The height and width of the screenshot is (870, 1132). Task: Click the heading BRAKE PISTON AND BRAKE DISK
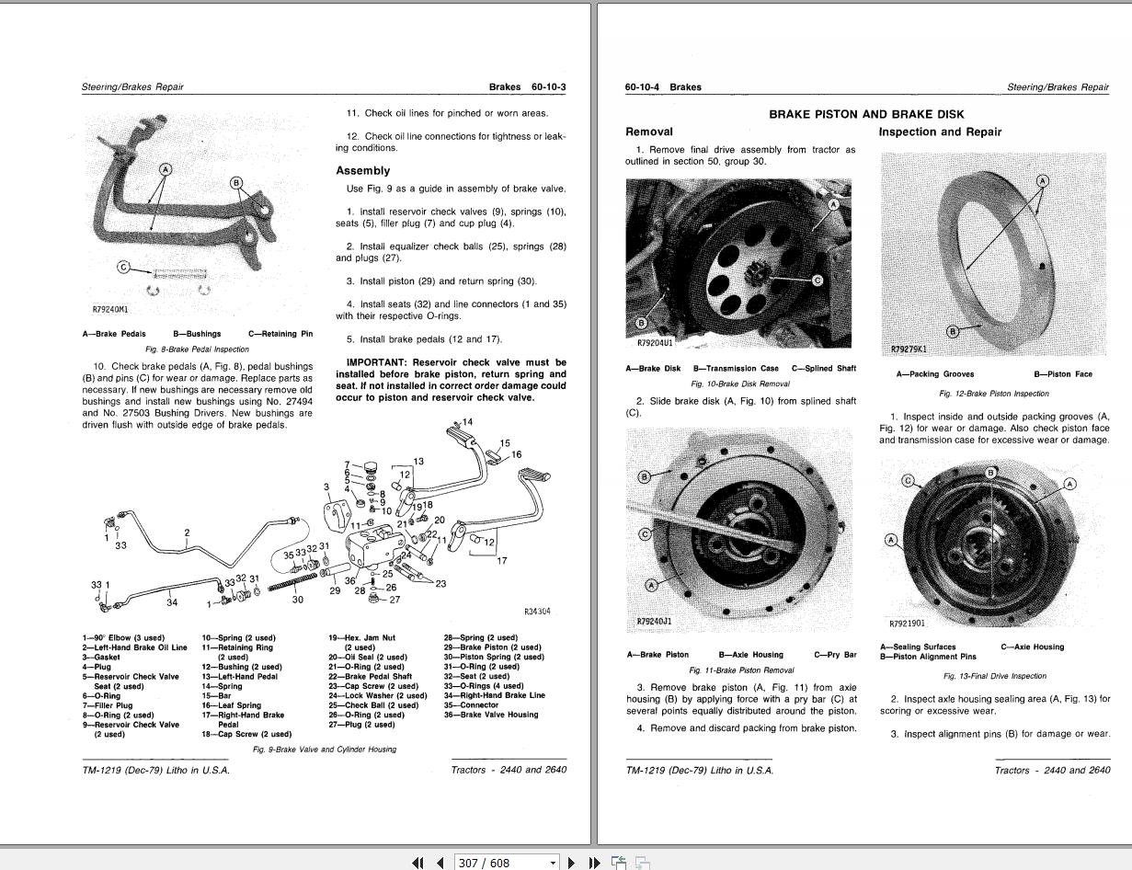pyautogui.click(x=866, y=114)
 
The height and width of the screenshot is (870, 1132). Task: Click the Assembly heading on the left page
pyautogui.click(x=362, y=171)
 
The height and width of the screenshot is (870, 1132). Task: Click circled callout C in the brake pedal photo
pyautogui.click(x=123, y=268)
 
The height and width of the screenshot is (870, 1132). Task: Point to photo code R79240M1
pyautogui.click(x=110, y=311)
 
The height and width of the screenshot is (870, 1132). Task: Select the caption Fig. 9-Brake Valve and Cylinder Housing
pyautogui.click(x=325, y=750)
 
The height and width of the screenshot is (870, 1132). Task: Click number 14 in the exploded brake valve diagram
pyautogui.click(x=468, y=422)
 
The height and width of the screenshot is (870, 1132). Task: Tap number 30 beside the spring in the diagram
pyautogui.click(x=297, y=600)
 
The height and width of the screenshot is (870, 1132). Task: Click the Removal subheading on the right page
pyautogui.click(x=648, y=132)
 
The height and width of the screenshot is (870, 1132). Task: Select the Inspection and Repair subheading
pyautogui.click(x=940, y=132)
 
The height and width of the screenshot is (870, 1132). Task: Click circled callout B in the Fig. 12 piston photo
pyautogui.click(x=953, y=331)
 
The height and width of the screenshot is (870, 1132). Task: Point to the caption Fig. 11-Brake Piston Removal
pyautogui.click(x=741, y=670)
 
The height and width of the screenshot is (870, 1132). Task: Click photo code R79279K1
pyautogui.click(x=909, y=349)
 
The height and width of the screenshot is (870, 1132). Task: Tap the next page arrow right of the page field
pyautogui.click(x=572, y=863)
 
